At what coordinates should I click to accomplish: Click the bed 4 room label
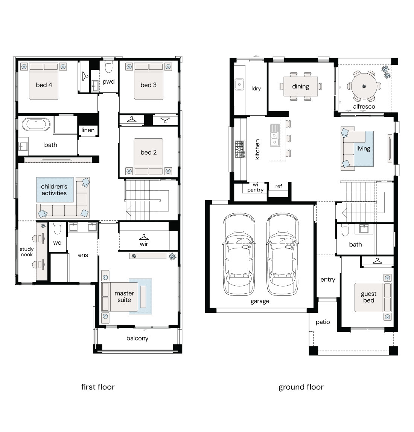(44, 85)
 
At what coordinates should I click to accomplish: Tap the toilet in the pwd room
(109, 66)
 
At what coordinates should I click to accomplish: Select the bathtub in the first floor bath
(36, 124)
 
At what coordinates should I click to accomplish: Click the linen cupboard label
(88, 130)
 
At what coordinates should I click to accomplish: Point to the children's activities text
(54, 190)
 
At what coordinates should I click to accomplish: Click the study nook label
(26, 252)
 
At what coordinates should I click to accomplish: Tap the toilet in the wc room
(57, 228)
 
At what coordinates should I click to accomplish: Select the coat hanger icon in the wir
(144, 237)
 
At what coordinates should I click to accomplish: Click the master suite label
(124, 296)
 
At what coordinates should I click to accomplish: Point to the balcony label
(137, 339)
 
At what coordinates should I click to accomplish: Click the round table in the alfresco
(364, 86)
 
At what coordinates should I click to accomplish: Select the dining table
(301, 86)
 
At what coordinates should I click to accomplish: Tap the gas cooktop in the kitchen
(240, 149)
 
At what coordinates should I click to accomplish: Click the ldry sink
(239, 84)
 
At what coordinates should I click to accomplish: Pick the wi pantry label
(255, 187)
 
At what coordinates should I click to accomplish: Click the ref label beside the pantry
(279, 187)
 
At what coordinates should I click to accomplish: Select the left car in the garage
(239, 254)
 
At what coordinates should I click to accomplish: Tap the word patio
(323, 322)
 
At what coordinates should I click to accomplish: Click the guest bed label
(368, 297)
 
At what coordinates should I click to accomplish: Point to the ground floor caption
(301, 387)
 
